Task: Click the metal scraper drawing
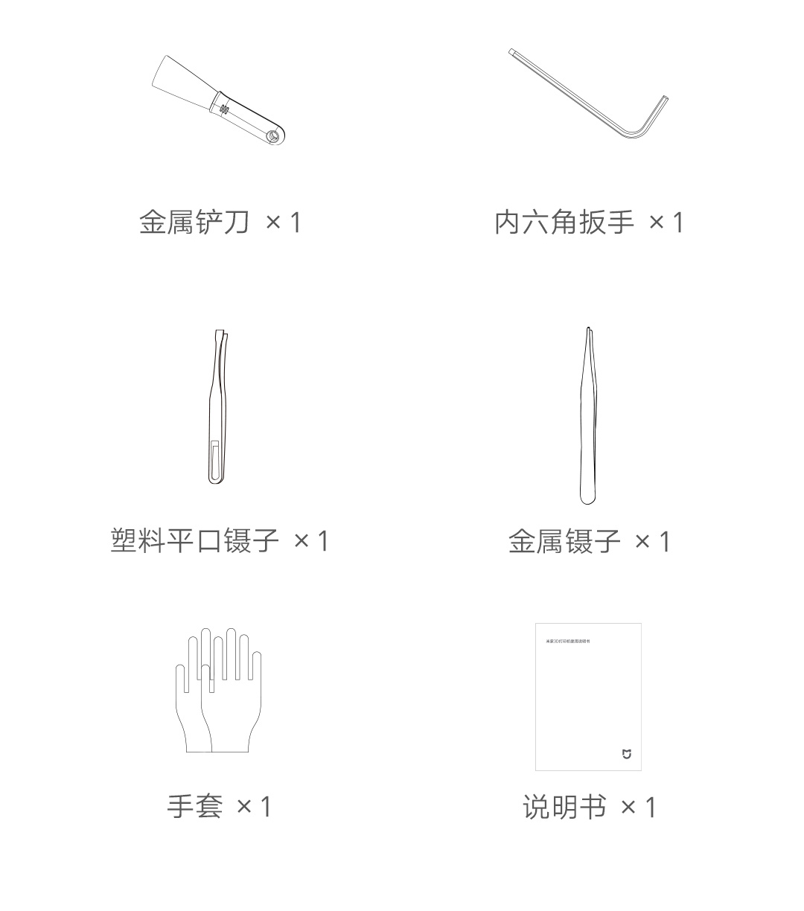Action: click(220, 100)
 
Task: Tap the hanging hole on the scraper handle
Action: click(274, 136)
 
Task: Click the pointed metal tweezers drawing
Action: click(588, 417)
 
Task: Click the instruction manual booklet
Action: click(588, 696)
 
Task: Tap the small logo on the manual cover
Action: click(626, 755)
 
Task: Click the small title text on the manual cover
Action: click(569, 641)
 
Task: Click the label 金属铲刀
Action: click(194, 222)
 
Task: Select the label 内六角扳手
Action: click(564, 222)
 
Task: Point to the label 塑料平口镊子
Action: click(195, 540)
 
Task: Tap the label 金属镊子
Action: click(564, 541)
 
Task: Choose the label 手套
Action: click(194, 806)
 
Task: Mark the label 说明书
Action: click(564, 807)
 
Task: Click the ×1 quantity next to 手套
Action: click(254, 806)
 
